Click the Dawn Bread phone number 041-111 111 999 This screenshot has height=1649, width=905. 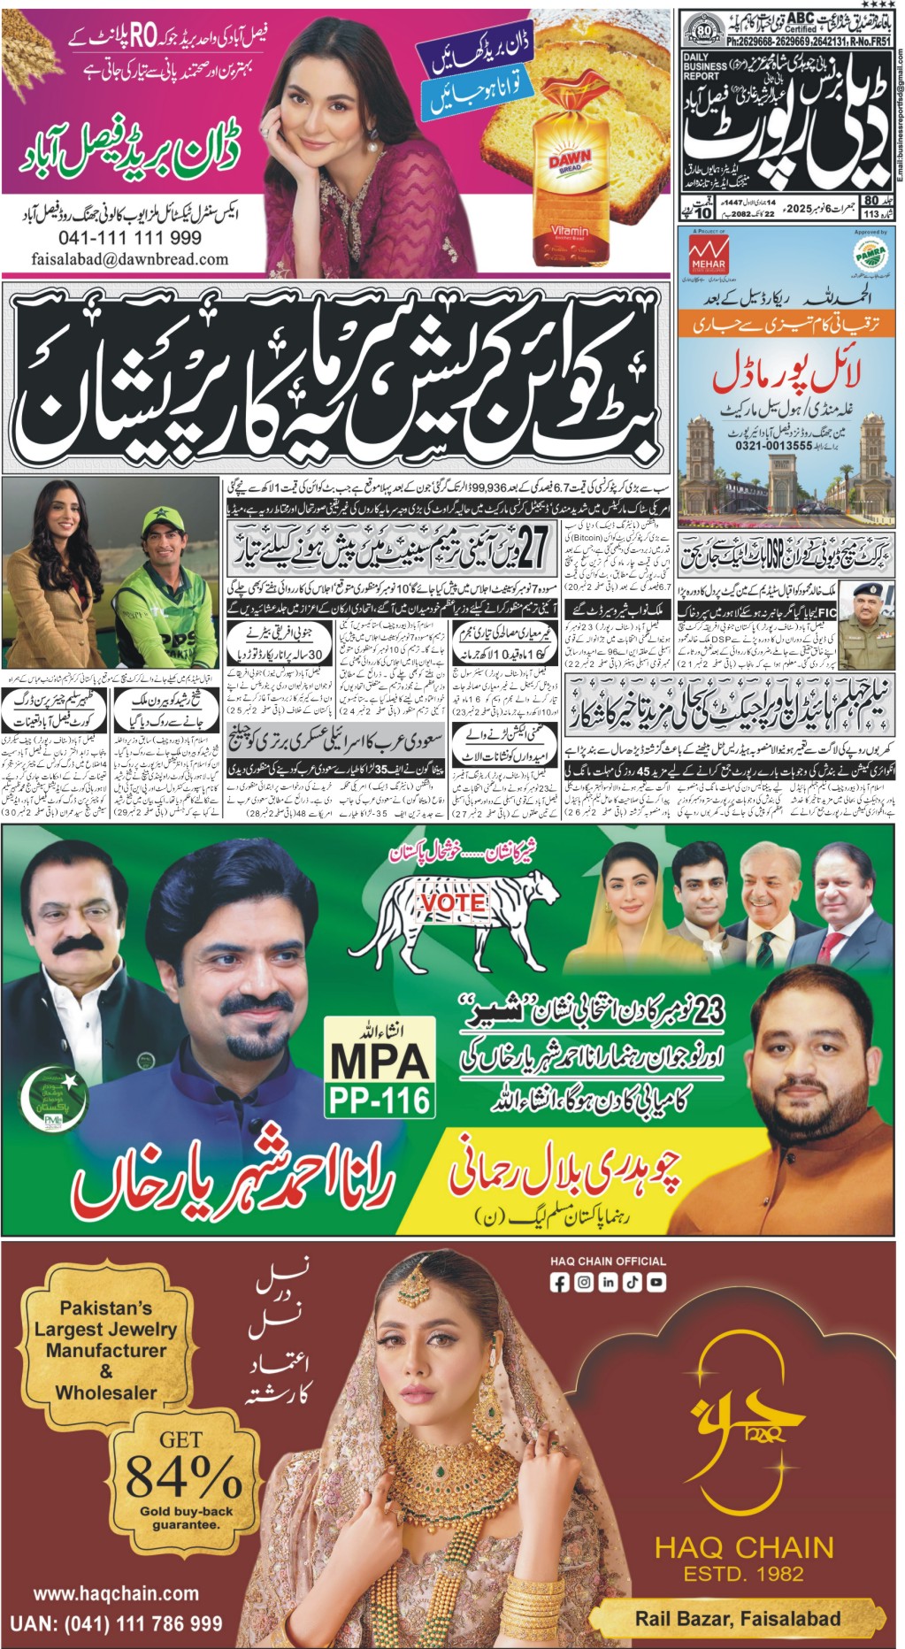[x=129, y=238]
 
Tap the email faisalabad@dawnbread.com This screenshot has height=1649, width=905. [x=129, y=260]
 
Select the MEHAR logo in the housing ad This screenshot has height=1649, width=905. [x=707, y=256]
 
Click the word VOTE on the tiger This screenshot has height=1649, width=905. [x=453, y=902]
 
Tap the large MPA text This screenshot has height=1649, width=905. [x=380, y=1061]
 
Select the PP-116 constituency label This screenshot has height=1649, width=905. [x=380, y=1100]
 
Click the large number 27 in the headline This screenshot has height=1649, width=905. [x=533, y=547]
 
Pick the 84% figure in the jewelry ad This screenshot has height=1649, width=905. [x=182, y=1476]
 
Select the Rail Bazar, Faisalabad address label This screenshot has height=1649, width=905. [x=738, y=1619]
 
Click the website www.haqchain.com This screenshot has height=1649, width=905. [x=116, y=1593]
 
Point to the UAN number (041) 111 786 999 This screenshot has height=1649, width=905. [x=116, y=1624]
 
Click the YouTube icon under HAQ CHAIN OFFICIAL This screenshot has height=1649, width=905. [x=656, y=1282]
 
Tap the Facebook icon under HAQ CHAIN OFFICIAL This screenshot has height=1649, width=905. [x=560, y=1282]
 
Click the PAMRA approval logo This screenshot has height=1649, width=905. [x=870, y=255]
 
